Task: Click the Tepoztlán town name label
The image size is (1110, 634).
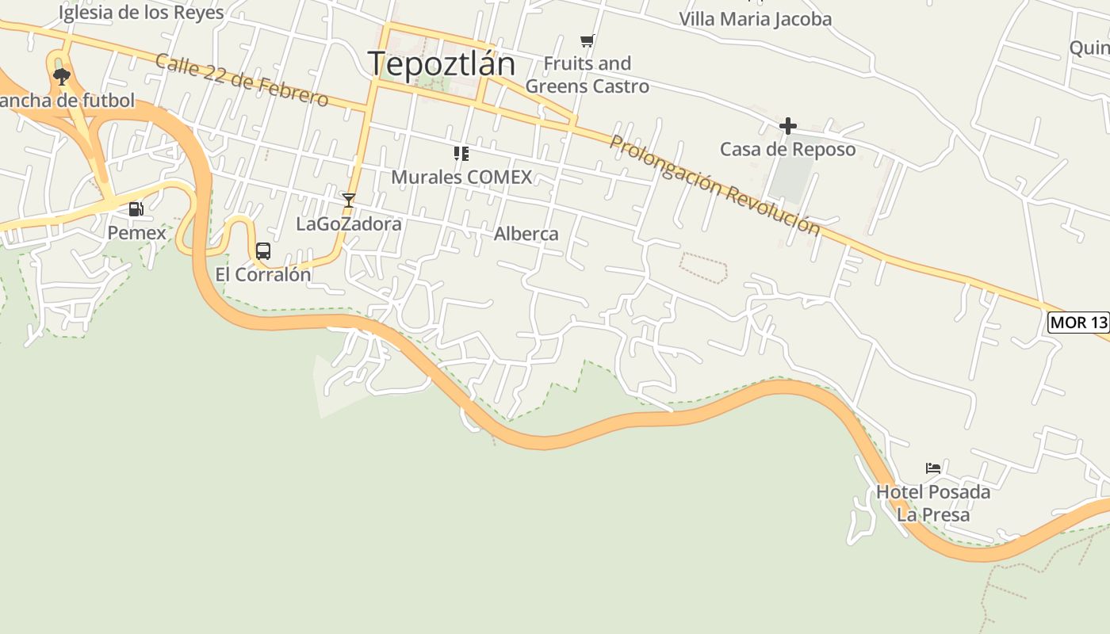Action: [442, 63]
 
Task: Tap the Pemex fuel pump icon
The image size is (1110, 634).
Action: [136, 209]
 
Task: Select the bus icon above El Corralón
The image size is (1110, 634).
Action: [263, 251]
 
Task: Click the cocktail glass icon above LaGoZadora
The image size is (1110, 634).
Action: [348, 200]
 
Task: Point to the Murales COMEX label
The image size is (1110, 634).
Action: [461, 177]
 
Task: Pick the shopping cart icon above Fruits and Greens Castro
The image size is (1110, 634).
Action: [587, 40]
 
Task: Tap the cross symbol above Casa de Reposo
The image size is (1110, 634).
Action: [787, 125]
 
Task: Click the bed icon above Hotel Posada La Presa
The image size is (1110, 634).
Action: [933, 468]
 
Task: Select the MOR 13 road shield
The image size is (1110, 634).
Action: [1078, 323]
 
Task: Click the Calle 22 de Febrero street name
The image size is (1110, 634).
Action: [242, 80]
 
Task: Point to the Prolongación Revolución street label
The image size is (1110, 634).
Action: [714, 185]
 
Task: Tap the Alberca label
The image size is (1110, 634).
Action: [526, 234]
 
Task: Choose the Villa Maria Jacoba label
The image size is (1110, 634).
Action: [755, 19]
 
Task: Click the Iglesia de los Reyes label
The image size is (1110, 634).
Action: [141, 13]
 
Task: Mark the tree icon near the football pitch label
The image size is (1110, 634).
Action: [61, 76]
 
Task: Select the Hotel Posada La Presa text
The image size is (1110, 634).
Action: [933, 503]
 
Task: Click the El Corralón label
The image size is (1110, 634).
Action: [263, 274]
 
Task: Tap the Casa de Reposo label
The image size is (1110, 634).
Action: [787, 149]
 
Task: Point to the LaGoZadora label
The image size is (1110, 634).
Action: [349, 224]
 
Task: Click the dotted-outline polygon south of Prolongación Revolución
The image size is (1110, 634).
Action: [703, 267]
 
